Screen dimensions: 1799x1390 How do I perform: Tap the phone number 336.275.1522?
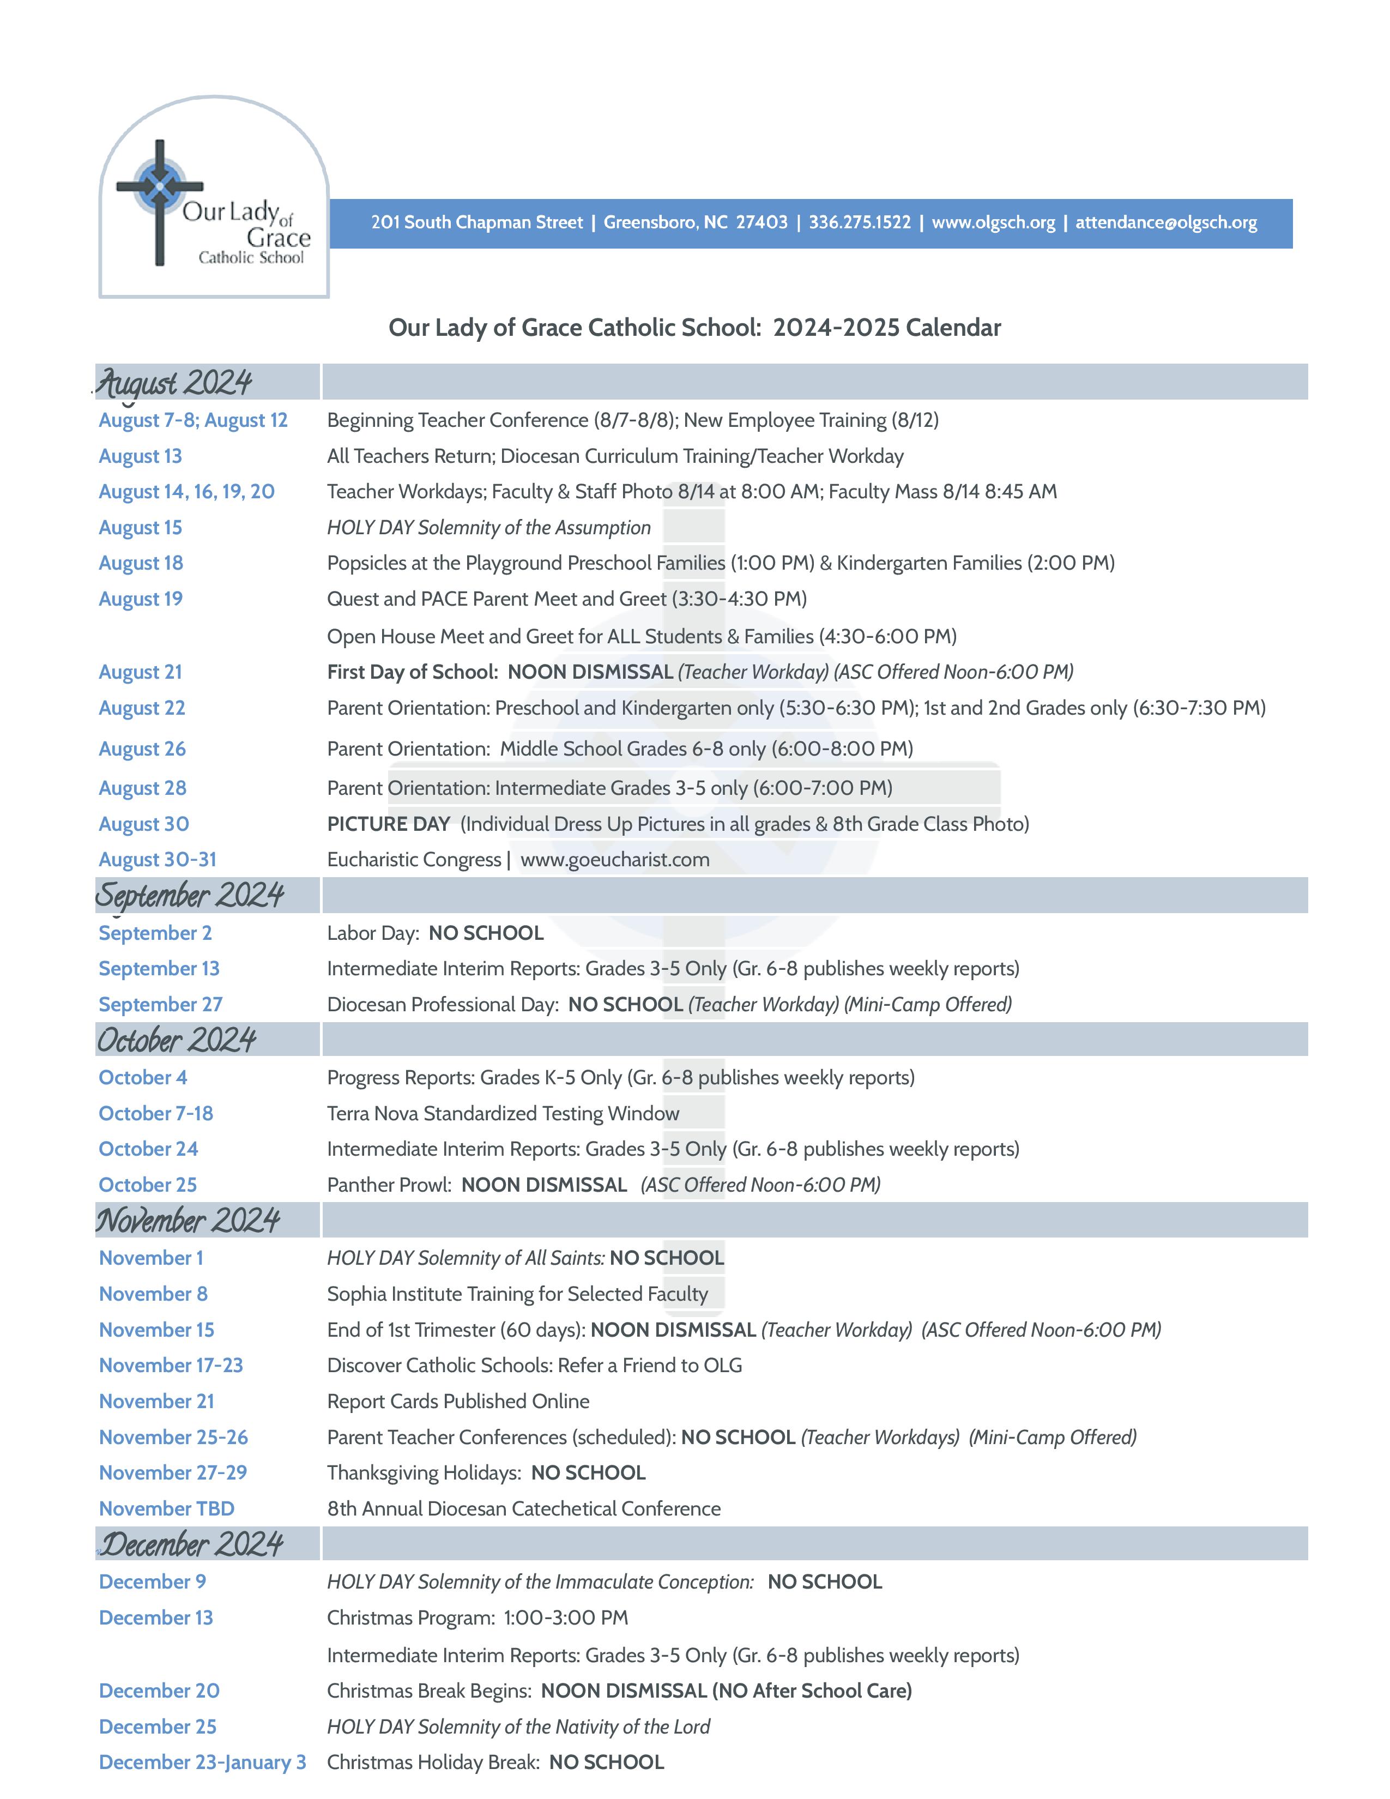[x=859, y=222]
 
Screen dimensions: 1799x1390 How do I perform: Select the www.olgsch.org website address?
[x=993, y=222]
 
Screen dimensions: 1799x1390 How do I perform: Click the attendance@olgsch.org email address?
[x=1166, y=222]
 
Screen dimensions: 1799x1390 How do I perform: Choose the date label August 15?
[x=140, y=527]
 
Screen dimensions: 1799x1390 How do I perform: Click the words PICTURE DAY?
[x=388, y=824]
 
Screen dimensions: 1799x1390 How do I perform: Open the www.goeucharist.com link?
[x=614, y=859]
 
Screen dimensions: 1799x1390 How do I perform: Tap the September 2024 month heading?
[x=189, y=895]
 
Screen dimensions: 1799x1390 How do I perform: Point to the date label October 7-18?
[x=156, y=1113]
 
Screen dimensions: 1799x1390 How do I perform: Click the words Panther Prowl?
[x=389, y=1185]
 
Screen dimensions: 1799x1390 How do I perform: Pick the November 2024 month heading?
[x=188, y=1220]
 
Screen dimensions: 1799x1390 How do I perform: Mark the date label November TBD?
[x=166, y=1508]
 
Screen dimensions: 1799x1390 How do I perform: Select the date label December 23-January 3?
[x=202, y=1762]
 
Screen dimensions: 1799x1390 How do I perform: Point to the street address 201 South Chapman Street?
[x=477, y=222]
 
